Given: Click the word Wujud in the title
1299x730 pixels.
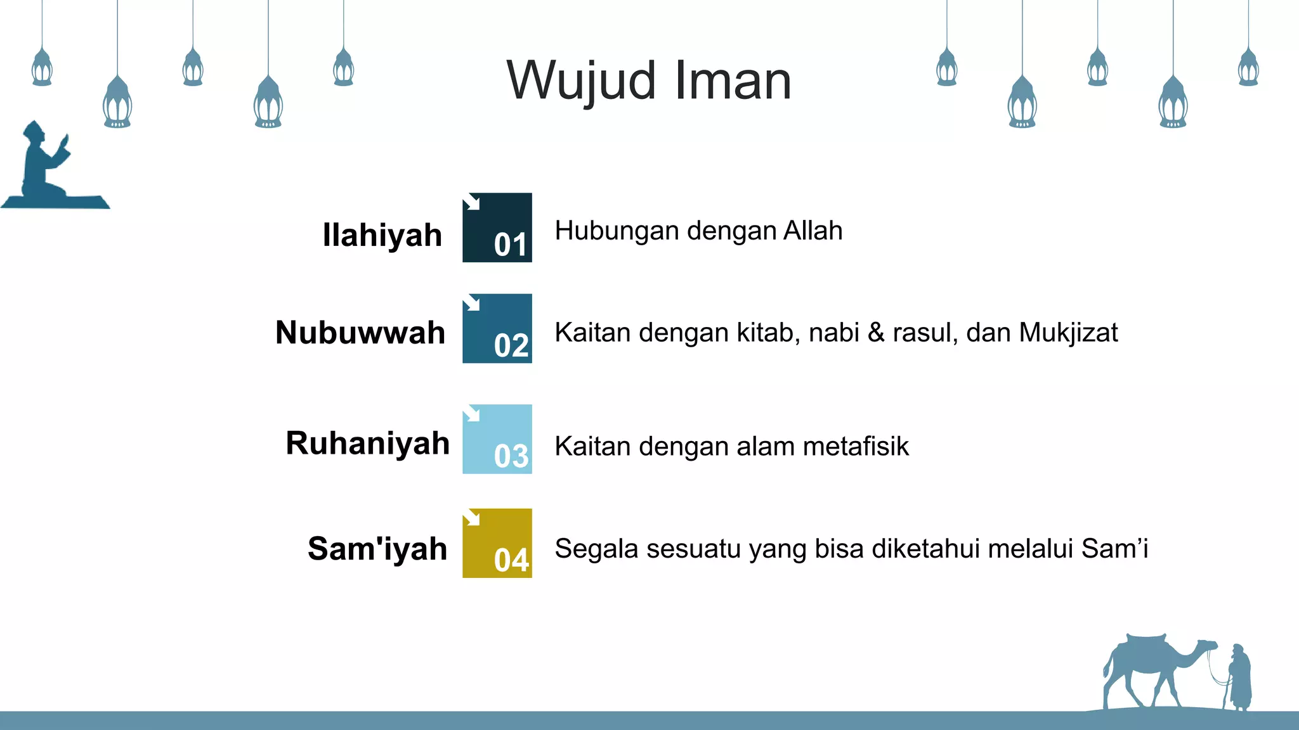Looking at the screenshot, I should (581, 81).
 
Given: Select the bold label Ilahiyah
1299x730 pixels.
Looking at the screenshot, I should (382, 235).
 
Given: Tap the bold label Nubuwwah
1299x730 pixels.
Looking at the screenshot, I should (360, 333).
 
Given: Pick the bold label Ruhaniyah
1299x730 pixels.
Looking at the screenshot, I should (367, 443).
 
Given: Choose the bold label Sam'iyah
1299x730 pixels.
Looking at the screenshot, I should (377, 549).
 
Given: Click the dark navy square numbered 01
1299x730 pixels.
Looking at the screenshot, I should (497, 227).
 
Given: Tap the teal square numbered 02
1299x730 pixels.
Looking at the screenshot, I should (497, 328).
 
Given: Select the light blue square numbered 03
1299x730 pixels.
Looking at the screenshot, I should (497, 439).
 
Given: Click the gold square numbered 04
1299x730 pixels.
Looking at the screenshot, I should (497, 543).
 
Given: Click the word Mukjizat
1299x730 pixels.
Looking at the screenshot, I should (1068, 333).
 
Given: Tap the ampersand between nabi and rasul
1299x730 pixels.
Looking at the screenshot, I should (876, 333).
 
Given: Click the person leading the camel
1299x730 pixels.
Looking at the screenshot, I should (1240, 678).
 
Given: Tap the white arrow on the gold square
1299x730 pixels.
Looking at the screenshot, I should (471, 518).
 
